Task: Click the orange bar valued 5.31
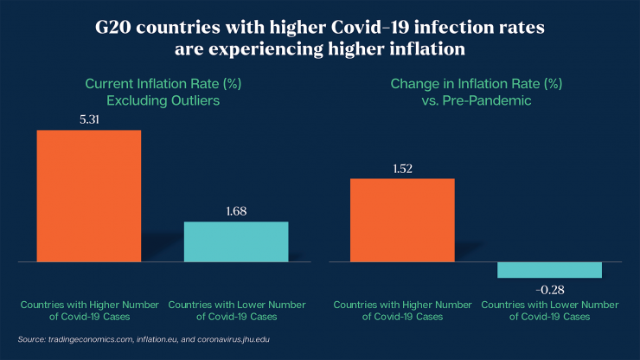[88, 196]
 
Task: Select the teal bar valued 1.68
[236, 241]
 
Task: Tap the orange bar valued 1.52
[402, 220]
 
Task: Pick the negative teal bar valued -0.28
[549, 270]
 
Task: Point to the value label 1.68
[236, 211]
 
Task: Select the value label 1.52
[402, 169]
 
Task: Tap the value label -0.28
[549, 288]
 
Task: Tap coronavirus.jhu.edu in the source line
[228, 339]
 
